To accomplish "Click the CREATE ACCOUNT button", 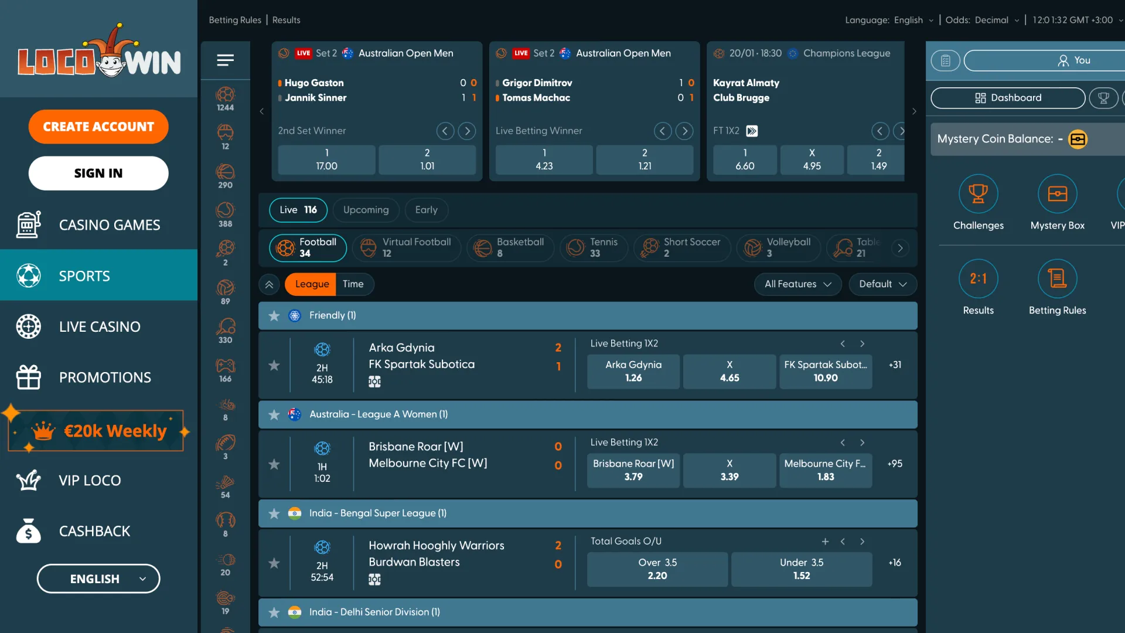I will (x=98, y=127).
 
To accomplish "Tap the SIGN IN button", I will (x=98, y=173).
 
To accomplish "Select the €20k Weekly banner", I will (x=97, y=431).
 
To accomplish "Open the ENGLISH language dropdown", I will (x=98, y=579).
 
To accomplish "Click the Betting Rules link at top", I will (x=235, y=20).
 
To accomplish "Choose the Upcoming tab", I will (x=366, y=210).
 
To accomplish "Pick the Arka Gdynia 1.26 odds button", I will (x=633, y=371).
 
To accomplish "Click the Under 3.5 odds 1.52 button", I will (x=801, y=569).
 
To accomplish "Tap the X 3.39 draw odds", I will (x=729, y=470).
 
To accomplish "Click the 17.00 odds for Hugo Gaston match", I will (x=326, y=159).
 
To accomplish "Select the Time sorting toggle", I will (x=353, y=284).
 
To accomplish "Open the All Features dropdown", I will (x=797, y=284).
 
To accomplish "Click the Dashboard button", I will (x=1008, y=98).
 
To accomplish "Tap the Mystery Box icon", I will (x=1057, y=194).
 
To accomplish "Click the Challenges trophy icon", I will (x=978, y=194).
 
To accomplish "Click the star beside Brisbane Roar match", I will (x=274, y=464).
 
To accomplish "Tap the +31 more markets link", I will (x=895, y=365).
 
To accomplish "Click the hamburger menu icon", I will (x=225, y=60).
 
